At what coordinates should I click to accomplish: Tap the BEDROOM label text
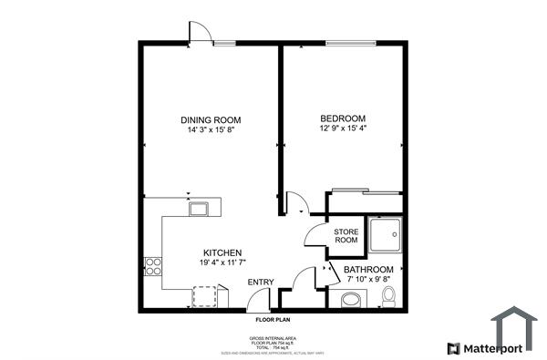pyautogui.click(x=343, y=119)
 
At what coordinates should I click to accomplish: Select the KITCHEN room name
pyautogui.click(x=222, y=252)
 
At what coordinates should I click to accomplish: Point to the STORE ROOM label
pyautogui.click(x=346, y=236)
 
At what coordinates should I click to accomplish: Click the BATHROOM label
pyautogui.click(x=368, y=270)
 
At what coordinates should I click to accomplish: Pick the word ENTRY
pyautogui.click(x=260, y=283)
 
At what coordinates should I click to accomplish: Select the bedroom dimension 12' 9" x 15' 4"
pyautogui.click(x=343, y=130)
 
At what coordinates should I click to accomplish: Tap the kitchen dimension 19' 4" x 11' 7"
pyautogui.click(x=222, y=262)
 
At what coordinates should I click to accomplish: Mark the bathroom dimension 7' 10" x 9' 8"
pyautogui.click(x=368, y=281)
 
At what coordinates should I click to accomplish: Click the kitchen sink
pyautogui.click(x=198, y=209)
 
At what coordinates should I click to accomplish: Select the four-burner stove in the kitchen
pyautogui.click(x=153, y=267)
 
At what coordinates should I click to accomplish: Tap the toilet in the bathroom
pyautogui.click(x=388, y=296)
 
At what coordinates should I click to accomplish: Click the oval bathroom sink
pyautogui.click(x=350, y=300)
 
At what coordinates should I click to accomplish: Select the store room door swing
pyautogui.click(x=317, y=236)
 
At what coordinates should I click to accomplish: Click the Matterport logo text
pyautogui.click(x=491, y=348)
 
